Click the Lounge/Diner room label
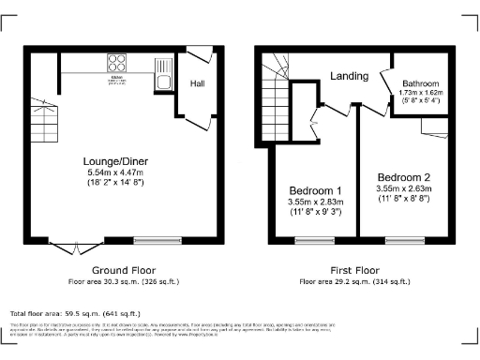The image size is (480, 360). point(116,160)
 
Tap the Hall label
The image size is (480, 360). point(198,84)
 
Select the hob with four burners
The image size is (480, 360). point(118,64)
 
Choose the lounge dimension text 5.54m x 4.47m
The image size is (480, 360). point(116,172)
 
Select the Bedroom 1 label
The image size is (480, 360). point(314,190)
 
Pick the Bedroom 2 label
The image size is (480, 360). point(404,177)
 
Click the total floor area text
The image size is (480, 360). point(75,313)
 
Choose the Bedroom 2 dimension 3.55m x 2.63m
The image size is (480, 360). point(404,189)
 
